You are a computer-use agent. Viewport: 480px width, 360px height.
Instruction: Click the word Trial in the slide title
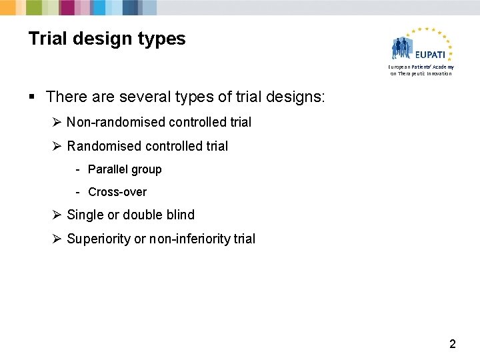tap(48, 39)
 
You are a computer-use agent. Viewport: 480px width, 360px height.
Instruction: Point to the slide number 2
tap(453, 345)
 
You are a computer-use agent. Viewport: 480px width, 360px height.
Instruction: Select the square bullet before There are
tap(33, 97)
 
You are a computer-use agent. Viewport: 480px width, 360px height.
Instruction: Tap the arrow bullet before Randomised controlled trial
tap(57, 146)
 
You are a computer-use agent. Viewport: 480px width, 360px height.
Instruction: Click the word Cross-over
tap(117, 192)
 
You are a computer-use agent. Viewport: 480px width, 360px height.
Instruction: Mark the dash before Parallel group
tap(78, 169)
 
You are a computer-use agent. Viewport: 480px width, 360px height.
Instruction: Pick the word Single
tap(85, 215)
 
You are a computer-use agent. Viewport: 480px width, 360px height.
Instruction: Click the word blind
tap(177, 215)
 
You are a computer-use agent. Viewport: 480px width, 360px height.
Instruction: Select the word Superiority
tap(98, 239)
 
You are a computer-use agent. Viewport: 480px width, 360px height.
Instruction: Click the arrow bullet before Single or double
tap(57, 215)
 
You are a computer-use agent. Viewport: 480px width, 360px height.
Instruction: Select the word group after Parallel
tap(147, 169)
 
